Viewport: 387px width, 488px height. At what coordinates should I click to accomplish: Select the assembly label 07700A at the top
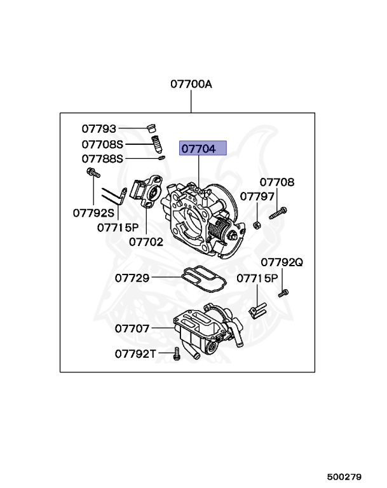coord(191,84)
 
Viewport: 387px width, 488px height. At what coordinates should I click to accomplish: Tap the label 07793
coord(98,129)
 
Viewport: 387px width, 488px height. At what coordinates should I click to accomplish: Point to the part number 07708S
coord(102,144)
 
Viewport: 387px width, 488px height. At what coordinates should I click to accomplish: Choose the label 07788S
coord(102,158)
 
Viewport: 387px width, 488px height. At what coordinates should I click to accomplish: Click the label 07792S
coord(93,212)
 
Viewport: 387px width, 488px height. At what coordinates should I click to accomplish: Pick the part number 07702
coord(146,241)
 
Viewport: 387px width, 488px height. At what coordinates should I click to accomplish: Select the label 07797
coord(257,196)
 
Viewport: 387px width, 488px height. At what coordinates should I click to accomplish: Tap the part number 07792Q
coord(282,262)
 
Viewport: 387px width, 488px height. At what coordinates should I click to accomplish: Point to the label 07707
coord(132,329)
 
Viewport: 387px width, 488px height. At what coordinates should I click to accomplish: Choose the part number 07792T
coord(135,354)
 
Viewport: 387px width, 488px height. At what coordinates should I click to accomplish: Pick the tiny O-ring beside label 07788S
coord(162,158)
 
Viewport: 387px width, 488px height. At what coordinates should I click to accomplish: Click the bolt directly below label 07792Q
coord(284,293)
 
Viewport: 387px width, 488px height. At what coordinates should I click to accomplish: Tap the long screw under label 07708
coord(278,213)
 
